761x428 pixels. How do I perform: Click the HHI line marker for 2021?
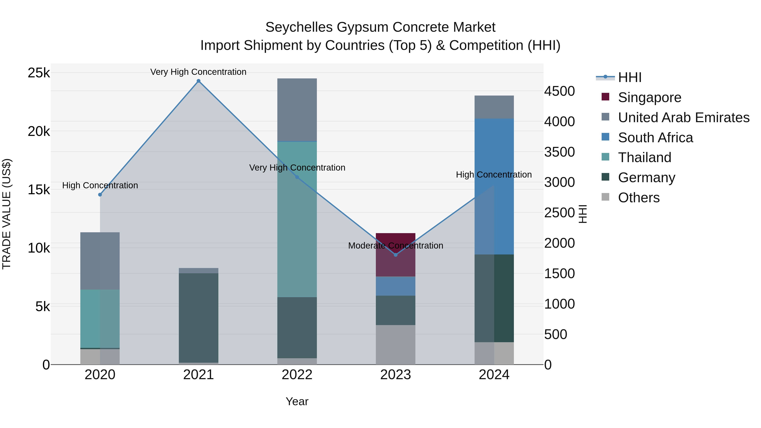coord(198,81)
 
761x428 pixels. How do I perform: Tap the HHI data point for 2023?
coord(396,255)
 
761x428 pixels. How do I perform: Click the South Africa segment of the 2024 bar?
coord(494,186)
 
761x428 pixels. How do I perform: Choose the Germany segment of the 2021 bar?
coord(198,317)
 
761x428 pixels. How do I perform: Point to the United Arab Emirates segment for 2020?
coord(100,261)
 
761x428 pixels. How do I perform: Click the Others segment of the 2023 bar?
coord(396,345)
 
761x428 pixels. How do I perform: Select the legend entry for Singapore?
coord(649,97)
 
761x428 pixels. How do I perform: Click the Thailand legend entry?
coord(644,157)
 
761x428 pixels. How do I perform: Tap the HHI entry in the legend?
coord(629,77)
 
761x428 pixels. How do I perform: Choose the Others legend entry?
coord(638,198)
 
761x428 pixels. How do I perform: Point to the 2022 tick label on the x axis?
coord(297,375)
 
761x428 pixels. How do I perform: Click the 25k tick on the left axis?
coord(39,73)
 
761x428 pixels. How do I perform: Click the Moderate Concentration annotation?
coord(396,246)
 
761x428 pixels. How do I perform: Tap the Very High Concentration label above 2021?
coord(198,72)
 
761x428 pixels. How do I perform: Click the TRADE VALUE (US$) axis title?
coord(7,214)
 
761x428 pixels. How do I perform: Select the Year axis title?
coord(297,401)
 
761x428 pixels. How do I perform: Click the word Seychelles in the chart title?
coord(299,27)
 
